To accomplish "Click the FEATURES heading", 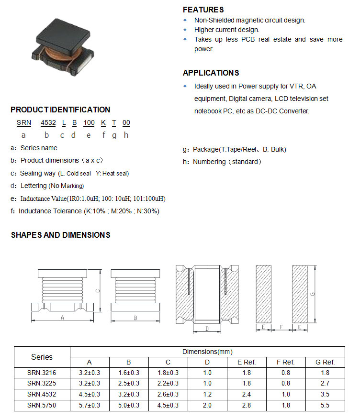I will [203, 10].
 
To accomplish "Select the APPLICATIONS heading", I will [211, 73].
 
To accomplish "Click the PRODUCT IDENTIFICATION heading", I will [60, 110].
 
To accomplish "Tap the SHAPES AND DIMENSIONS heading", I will [60, 235].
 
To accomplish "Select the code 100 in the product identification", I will [89, 122].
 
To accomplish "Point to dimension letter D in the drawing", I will [206, 329].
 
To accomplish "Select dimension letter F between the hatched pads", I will [281, 328].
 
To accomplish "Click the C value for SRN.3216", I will [168, 373].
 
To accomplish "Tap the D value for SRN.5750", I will [207, 406].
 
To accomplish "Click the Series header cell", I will [42, 357].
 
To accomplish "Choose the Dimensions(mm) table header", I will [207, 352].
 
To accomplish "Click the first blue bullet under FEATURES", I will [185, 20].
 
